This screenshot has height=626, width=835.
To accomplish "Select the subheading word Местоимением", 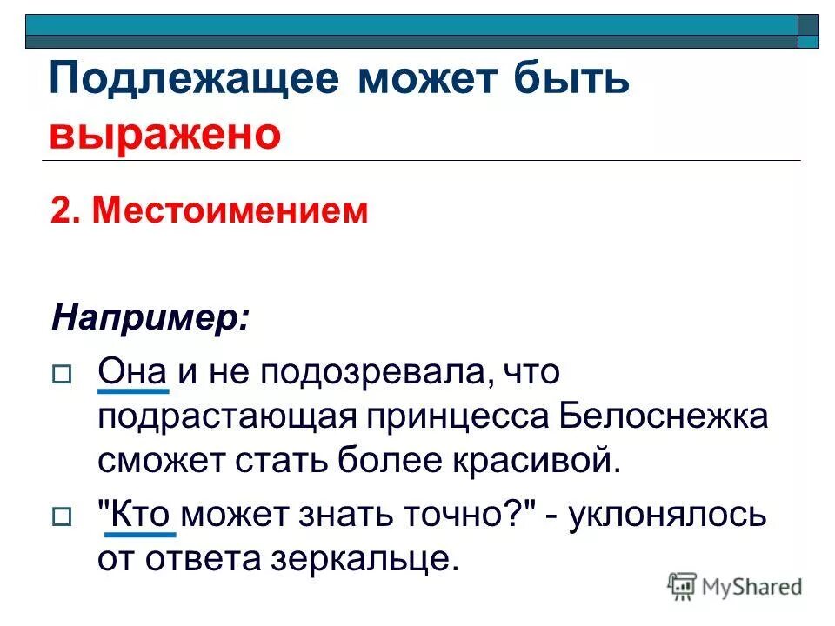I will point(230,212).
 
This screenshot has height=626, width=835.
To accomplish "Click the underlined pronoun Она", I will point(132,373).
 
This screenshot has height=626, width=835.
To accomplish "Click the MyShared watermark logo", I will point(736,587).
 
